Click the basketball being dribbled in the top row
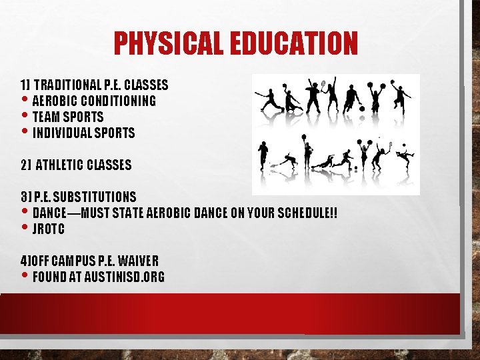(x=361, y=107)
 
